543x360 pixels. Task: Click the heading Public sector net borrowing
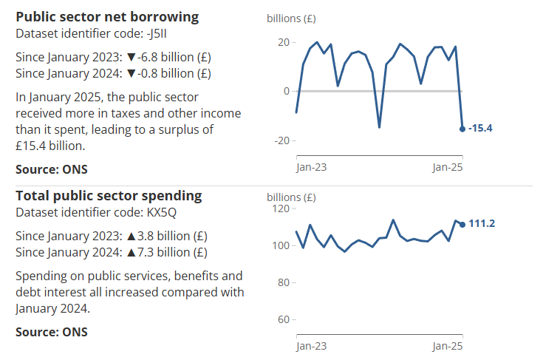pyautogui.click(x=107, y=16)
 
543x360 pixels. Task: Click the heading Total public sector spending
pyautogui.click(x=109, y=196)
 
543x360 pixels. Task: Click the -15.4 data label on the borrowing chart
pyautogui.click(x=480, y=129)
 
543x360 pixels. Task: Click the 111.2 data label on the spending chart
pyautogui.click(x=482, y=224)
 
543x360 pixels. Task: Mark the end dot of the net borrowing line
pyautogui.click(x=462, y=129)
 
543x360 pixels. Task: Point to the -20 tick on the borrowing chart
pyautogui.click(x=281, y=140)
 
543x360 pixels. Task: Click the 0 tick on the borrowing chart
pyautogui.click(x=286, y=91)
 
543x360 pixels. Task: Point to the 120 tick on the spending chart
pyautogui.click(x=279, y=209)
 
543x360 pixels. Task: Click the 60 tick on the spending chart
pyautogui.click(x=281, y=320)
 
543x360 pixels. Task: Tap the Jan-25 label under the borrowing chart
pyautogui.click(x=448, y=167)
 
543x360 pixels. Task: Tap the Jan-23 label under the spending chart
pyautogui.click(x=311, y=346)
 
